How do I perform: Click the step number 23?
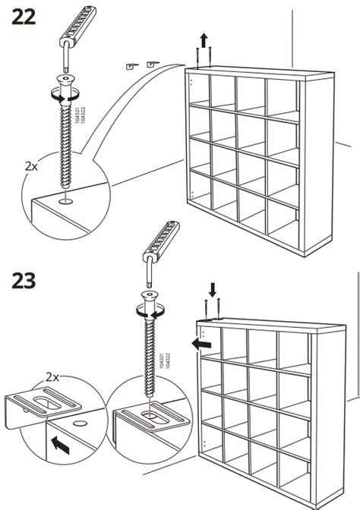click(24, 281)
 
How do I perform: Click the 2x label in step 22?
click(30, 165)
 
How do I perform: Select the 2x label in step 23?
click(52, 376)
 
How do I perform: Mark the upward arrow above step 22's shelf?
click(203, 39)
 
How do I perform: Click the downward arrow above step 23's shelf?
click(213, 289)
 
